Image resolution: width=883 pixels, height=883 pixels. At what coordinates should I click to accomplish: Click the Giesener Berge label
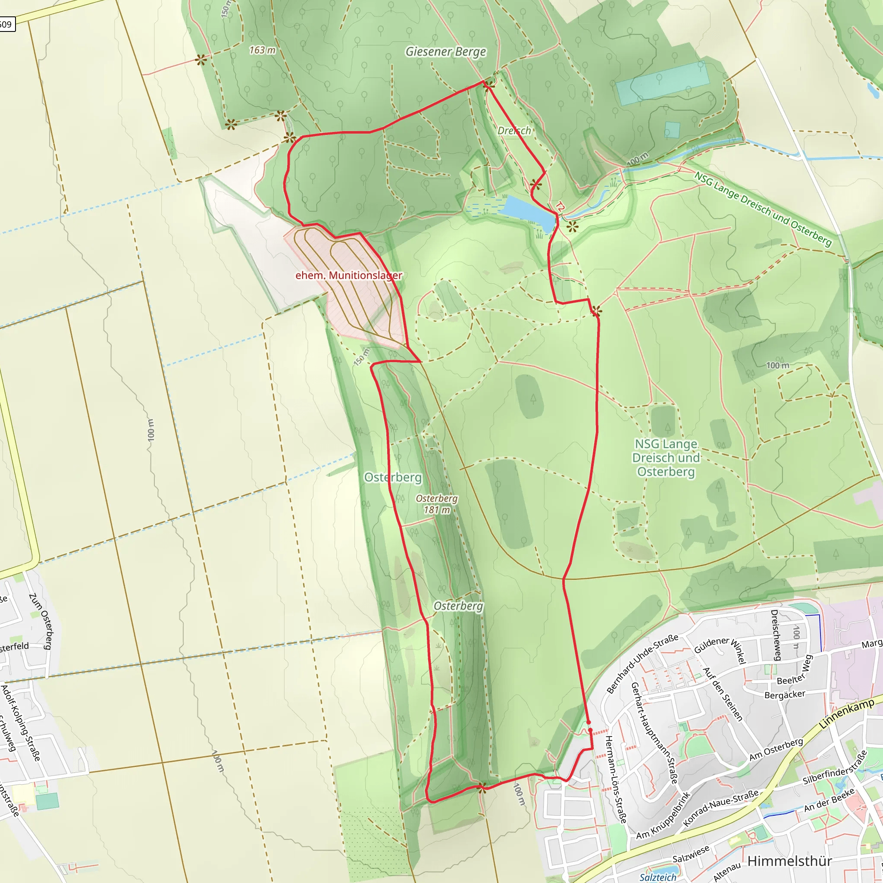[446, 52]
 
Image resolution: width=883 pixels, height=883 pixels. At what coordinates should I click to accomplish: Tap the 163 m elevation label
[262, 50]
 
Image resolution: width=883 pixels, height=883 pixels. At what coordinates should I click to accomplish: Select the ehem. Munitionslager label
[349, 276]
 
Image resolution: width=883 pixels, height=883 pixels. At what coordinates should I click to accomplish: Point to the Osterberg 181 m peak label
[436, 504]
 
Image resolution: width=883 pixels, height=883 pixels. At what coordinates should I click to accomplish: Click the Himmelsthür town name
[790, 861]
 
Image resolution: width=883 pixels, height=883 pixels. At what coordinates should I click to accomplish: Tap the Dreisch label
[514, 131]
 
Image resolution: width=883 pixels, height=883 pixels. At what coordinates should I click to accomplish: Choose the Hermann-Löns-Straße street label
[615, 779]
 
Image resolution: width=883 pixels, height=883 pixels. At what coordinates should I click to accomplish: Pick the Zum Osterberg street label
[41, 621]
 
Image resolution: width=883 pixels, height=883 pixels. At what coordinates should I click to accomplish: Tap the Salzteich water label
[658, 877]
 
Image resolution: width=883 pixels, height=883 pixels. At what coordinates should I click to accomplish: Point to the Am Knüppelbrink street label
[663, 816]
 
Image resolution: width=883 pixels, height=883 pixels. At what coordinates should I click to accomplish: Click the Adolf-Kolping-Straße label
[21, 723]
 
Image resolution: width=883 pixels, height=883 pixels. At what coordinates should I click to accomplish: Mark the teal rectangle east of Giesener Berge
[662, 83]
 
